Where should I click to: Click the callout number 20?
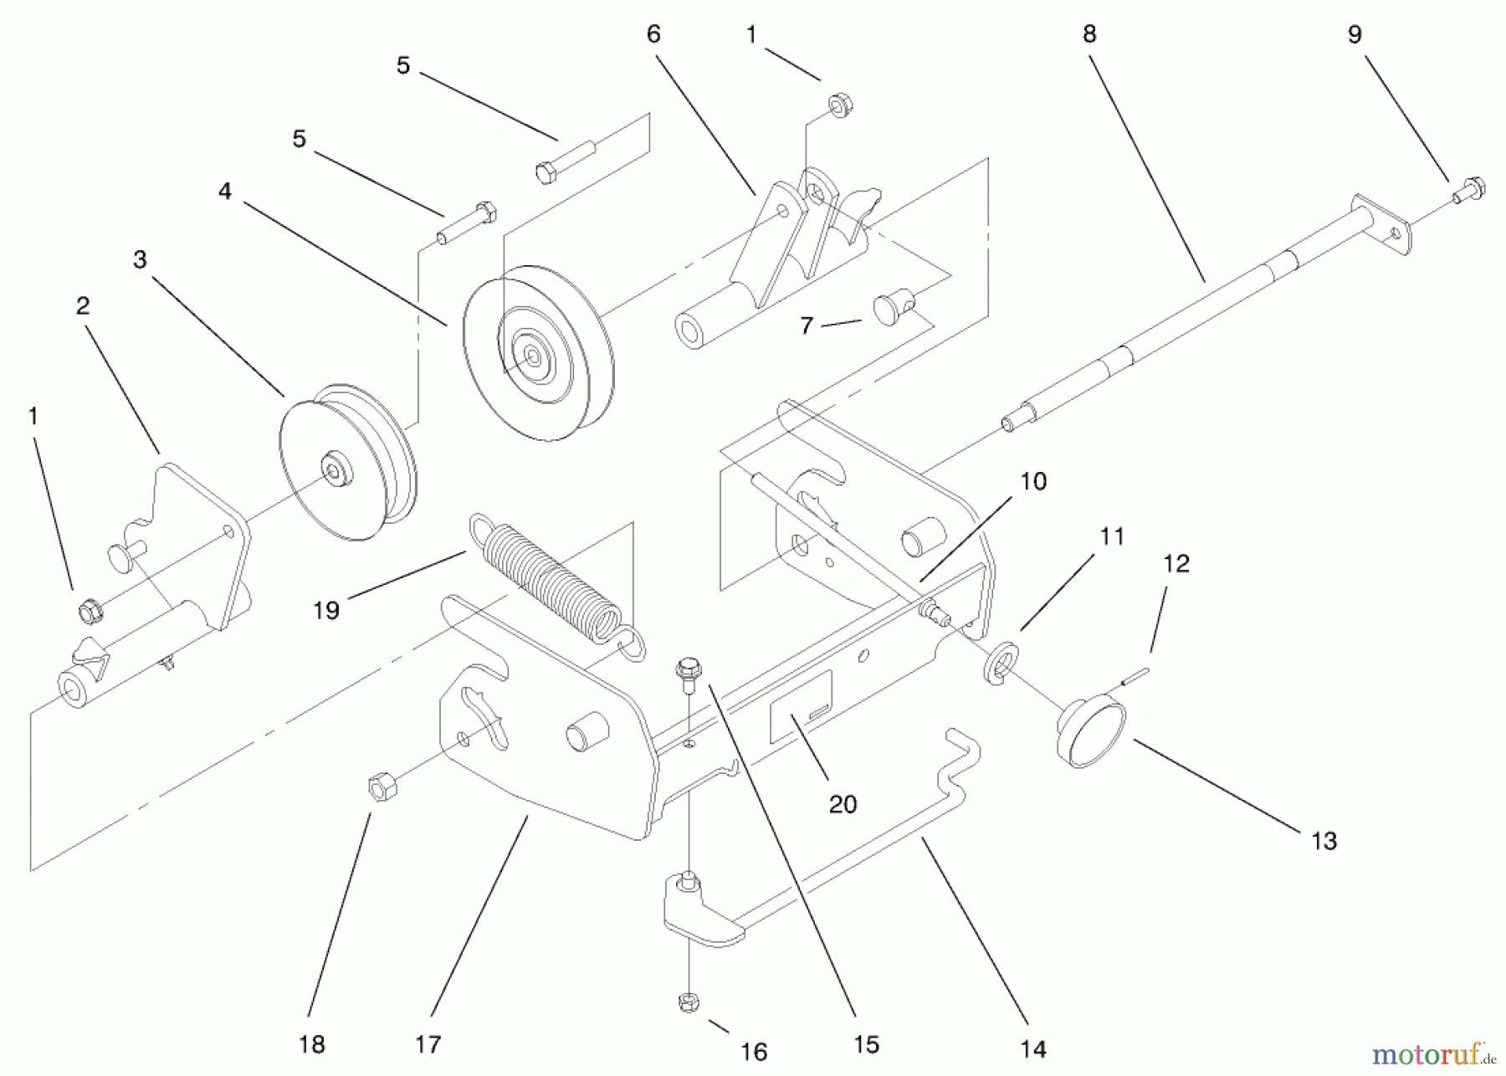click(x=843, y=804)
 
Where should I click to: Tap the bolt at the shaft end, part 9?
click(x=1469, y=190)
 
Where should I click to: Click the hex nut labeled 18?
click(x=382, y=787)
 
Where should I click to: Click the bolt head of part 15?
click(x=688, y=669)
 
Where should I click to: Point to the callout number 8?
click(x=1089, y=33)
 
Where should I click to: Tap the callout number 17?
click(x=428, y=1044)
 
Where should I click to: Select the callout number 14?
click(x=1033, y=1049)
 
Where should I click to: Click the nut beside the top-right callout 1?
click(x=839, y=106)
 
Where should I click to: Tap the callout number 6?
click(x=653, y=34)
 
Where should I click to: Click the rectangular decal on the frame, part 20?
click(x=801, y=707)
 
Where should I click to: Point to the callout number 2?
click(x=82, y=305)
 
